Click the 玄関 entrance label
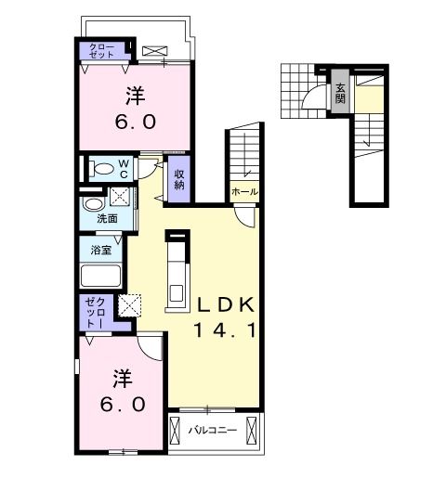[340, 94]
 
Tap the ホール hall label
[244, 192]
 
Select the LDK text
[226, 304]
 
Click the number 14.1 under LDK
[226, 329]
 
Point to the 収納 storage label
[179, 179]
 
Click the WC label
[124, 168]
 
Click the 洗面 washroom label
[107, 219]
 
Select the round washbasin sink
[93, 204]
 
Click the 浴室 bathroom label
[101, 250]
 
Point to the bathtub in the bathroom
[100, 276]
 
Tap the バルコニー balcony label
[213, 430]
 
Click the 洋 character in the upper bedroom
[136, 96]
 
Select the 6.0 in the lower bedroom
[123, 404]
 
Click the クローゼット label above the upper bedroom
[101, 51]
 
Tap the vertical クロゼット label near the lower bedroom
[95, 313]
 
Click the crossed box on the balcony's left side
[176, 431]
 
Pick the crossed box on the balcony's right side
[252, 431]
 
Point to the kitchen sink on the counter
[177, 292]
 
